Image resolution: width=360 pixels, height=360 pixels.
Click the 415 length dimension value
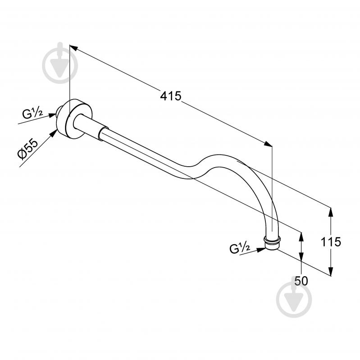171,96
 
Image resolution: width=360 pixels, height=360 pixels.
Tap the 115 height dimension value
331,242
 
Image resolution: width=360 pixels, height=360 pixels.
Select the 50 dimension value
301,281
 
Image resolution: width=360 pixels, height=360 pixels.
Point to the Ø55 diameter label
28,149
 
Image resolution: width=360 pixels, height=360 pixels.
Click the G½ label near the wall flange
32,114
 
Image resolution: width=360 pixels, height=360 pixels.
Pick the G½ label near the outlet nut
240,248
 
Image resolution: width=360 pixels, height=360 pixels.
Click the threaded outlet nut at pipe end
272,243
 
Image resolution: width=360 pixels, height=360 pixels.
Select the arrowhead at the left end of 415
73,48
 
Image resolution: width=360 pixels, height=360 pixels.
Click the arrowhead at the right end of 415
268,144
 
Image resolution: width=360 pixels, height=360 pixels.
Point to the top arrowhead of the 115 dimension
330,212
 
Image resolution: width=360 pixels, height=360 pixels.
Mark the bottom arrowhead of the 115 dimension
330,271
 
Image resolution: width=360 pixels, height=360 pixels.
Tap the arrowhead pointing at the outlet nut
261,250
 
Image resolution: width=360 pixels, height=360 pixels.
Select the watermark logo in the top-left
60,63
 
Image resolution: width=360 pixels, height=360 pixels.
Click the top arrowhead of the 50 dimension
301,237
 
